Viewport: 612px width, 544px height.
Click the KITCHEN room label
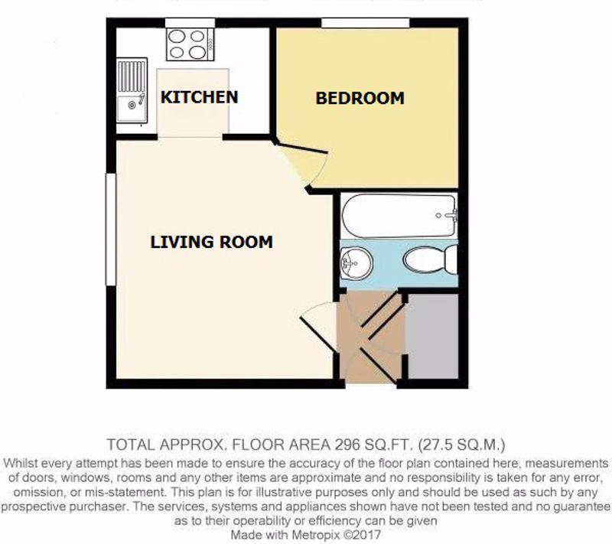pos(199,97)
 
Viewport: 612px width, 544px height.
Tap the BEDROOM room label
pos(360,99)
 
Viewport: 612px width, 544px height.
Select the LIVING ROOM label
pos(211,243)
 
